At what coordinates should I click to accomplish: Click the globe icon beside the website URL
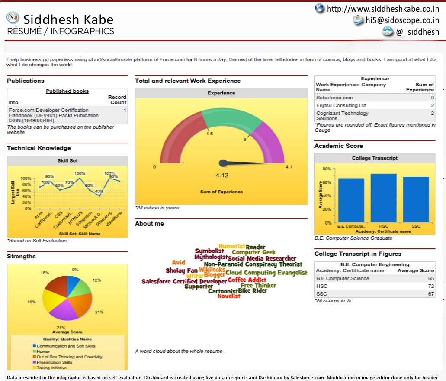point(319,8)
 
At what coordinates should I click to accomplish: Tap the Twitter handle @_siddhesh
point(417,32)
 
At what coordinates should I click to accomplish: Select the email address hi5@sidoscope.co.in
point(402,20)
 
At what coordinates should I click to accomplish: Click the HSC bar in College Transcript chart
point(383,198)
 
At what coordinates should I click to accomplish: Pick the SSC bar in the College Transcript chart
point(416,199)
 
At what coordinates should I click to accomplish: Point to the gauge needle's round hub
point(223,163)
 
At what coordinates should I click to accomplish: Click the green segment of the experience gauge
point(231,120)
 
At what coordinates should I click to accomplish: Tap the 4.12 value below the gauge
point(222,175)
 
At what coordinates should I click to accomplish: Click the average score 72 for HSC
point(431,286)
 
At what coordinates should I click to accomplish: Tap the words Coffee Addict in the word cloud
point(247,280)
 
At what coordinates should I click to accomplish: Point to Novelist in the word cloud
point(229,296)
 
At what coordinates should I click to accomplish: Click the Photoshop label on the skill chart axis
point(105,218)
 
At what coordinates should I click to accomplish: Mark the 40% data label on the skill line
point(99,191)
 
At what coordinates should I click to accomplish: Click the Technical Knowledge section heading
point(39,148)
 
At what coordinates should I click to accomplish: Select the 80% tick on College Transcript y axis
point(327,169)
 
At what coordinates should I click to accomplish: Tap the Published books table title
point(67,91)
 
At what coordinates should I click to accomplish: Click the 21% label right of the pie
point(99,312)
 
